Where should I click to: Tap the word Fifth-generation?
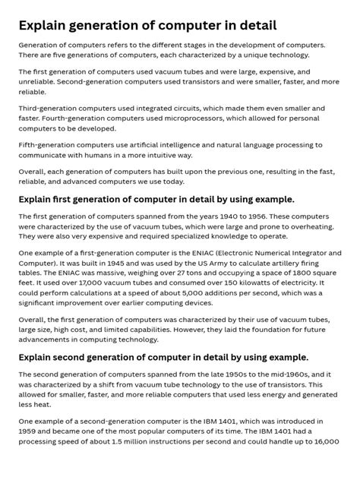[49, 144]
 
